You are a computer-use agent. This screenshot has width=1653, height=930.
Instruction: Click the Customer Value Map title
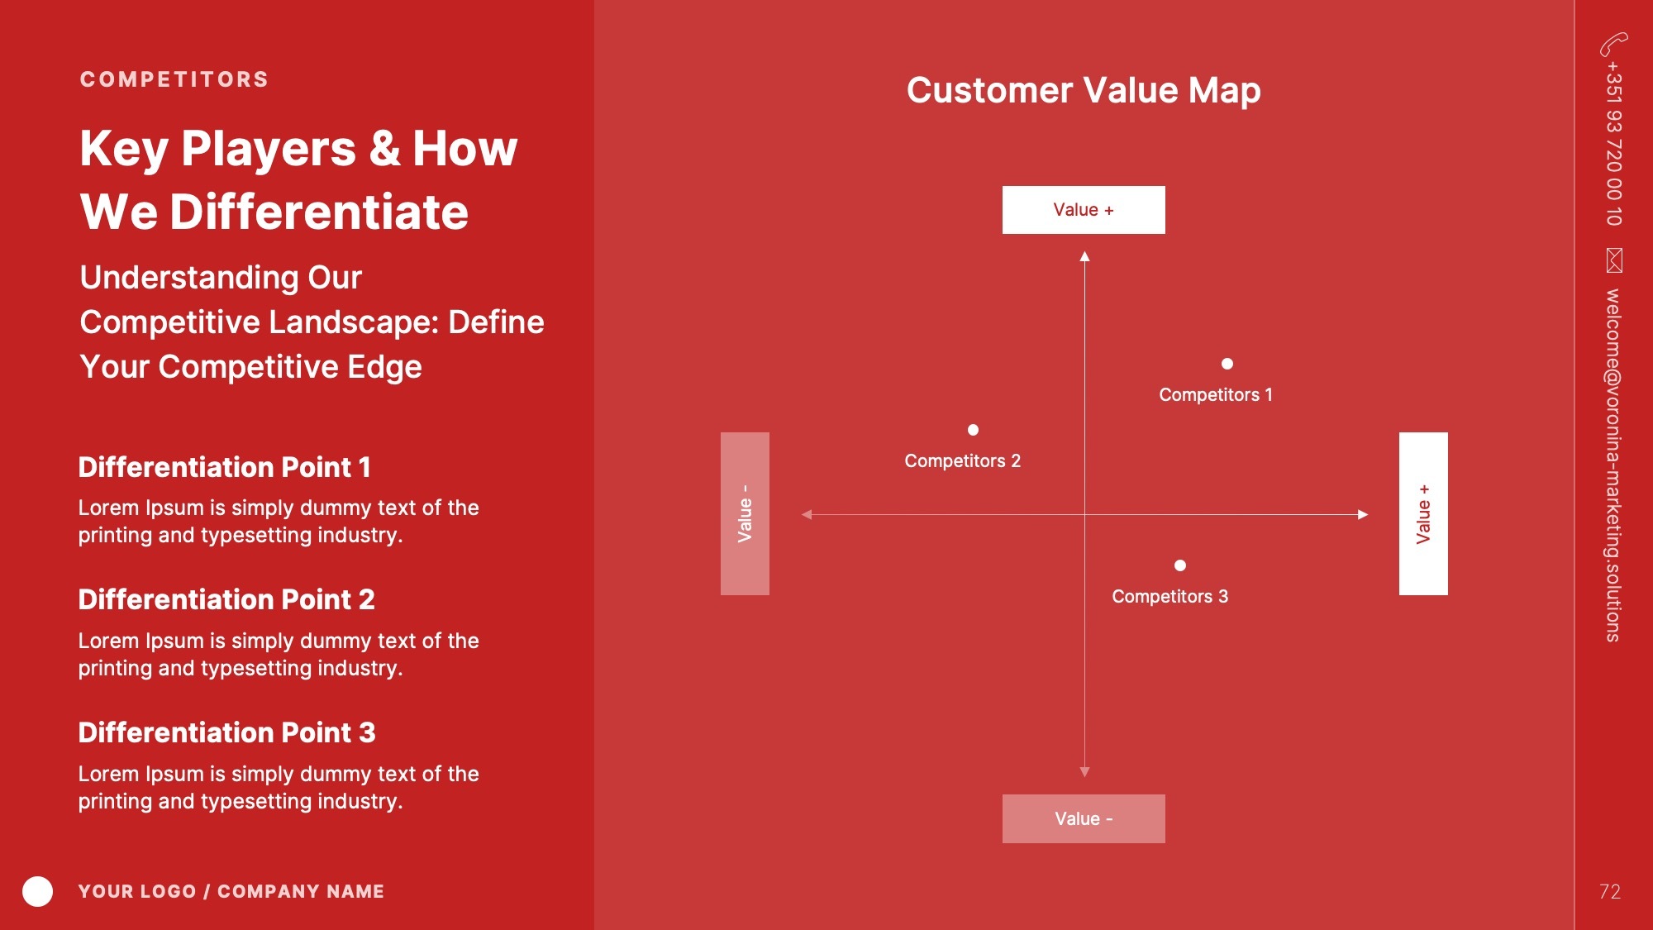tap(1084, 90)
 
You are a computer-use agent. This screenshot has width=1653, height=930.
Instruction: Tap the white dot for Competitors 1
tap(1227, 364)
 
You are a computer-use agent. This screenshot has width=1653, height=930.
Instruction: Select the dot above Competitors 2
tap(973, 430)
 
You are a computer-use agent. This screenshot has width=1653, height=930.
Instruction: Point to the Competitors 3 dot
tap(1180, 565)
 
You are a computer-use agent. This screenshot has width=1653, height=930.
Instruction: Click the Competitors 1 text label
tap(1216, 395)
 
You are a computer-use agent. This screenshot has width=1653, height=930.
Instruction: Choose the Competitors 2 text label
tap(963, 461)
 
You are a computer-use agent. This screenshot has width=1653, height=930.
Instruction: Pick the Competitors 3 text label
tap(1170, 597)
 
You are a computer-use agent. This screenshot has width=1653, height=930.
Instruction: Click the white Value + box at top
tap(1084, 210)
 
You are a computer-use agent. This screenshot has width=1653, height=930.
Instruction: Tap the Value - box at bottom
tap(1084, 818)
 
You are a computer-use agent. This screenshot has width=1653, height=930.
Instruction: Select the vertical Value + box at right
tap(1423, 513)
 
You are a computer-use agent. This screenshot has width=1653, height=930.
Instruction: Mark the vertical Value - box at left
tap(745, 513)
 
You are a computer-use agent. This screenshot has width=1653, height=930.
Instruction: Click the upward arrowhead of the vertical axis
tap(1084, 256)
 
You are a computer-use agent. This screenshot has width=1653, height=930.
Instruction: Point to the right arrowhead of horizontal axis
tap(1363, 514)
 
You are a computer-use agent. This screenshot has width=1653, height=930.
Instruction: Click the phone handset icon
tap(1613, 44)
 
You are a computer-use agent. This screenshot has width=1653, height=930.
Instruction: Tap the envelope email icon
tap(1614, 260)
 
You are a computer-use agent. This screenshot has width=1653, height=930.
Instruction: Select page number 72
tap(1609, 891)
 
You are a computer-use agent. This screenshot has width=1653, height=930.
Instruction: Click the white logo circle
tap(37, 891)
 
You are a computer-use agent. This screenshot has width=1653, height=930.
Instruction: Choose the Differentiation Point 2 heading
tap(226, 599)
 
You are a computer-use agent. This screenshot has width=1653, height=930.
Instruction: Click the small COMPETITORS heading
tap(174, 79)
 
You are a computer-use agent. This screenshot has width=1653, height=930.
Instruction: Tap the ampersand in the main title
tap(384, 149)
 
